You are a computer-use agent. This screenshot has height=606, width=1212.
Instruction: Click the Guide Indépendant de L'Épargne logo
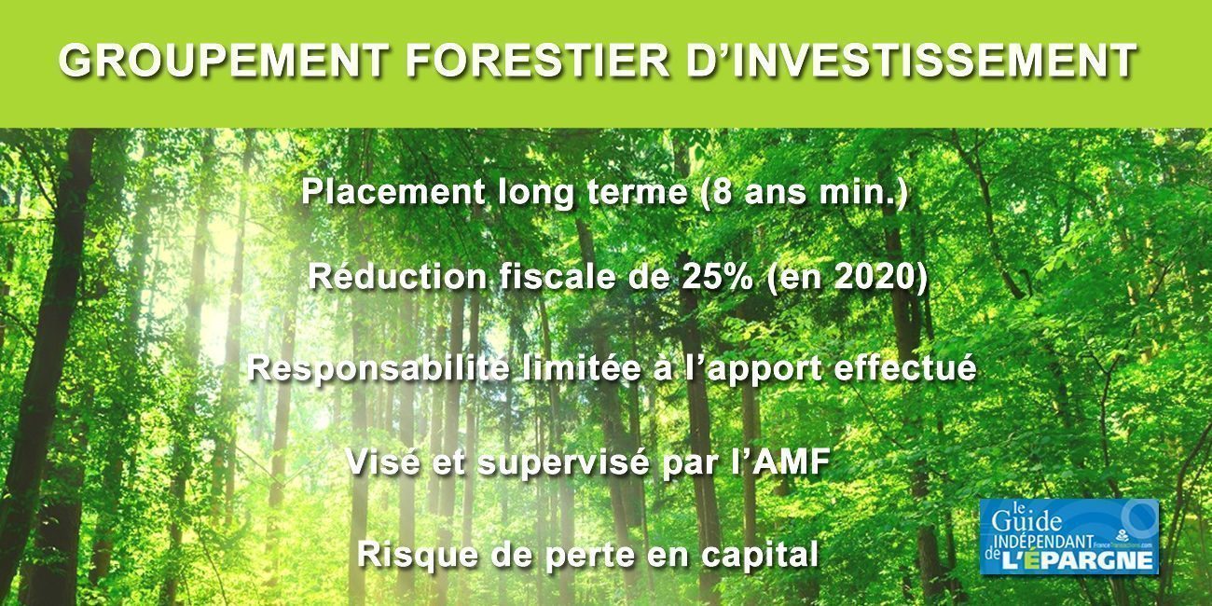tap(1068, 536)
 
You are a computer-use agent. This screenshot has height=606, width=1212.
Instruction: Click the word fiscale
tap(558, 278)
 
